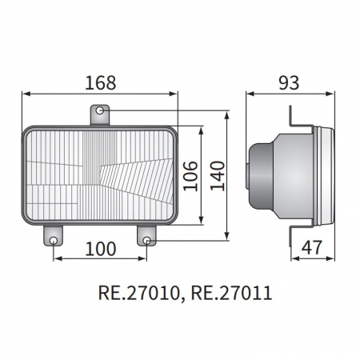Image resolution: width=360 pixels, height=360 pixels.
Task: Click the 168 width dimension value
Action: pos(101,82)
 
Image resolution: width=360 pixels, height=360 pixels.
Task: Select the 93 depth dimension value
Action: pos(289,82)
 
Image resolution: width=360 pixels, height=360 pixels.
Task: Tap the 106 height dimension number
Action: pos(190,176)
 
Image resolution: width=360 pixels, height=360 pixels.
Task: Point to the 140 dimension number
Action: pos(218,176)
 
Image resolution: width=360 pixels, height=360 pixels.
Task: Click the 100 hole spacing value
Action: pos(101,249)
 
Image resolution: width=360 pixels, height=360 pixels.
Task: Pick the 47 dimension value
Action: pos(312,247)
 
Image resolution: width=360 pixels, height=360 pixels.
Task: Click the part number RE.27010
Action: pos(138,293)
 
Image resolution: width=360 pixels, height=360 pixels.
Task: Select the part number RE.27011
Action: pos(231,293)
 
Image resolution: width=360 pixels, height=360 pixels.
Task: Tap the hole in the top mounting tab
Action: pos(100,110)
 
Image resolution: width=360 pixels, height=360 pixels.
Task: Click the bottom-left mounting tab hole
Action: pos(54,240)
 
